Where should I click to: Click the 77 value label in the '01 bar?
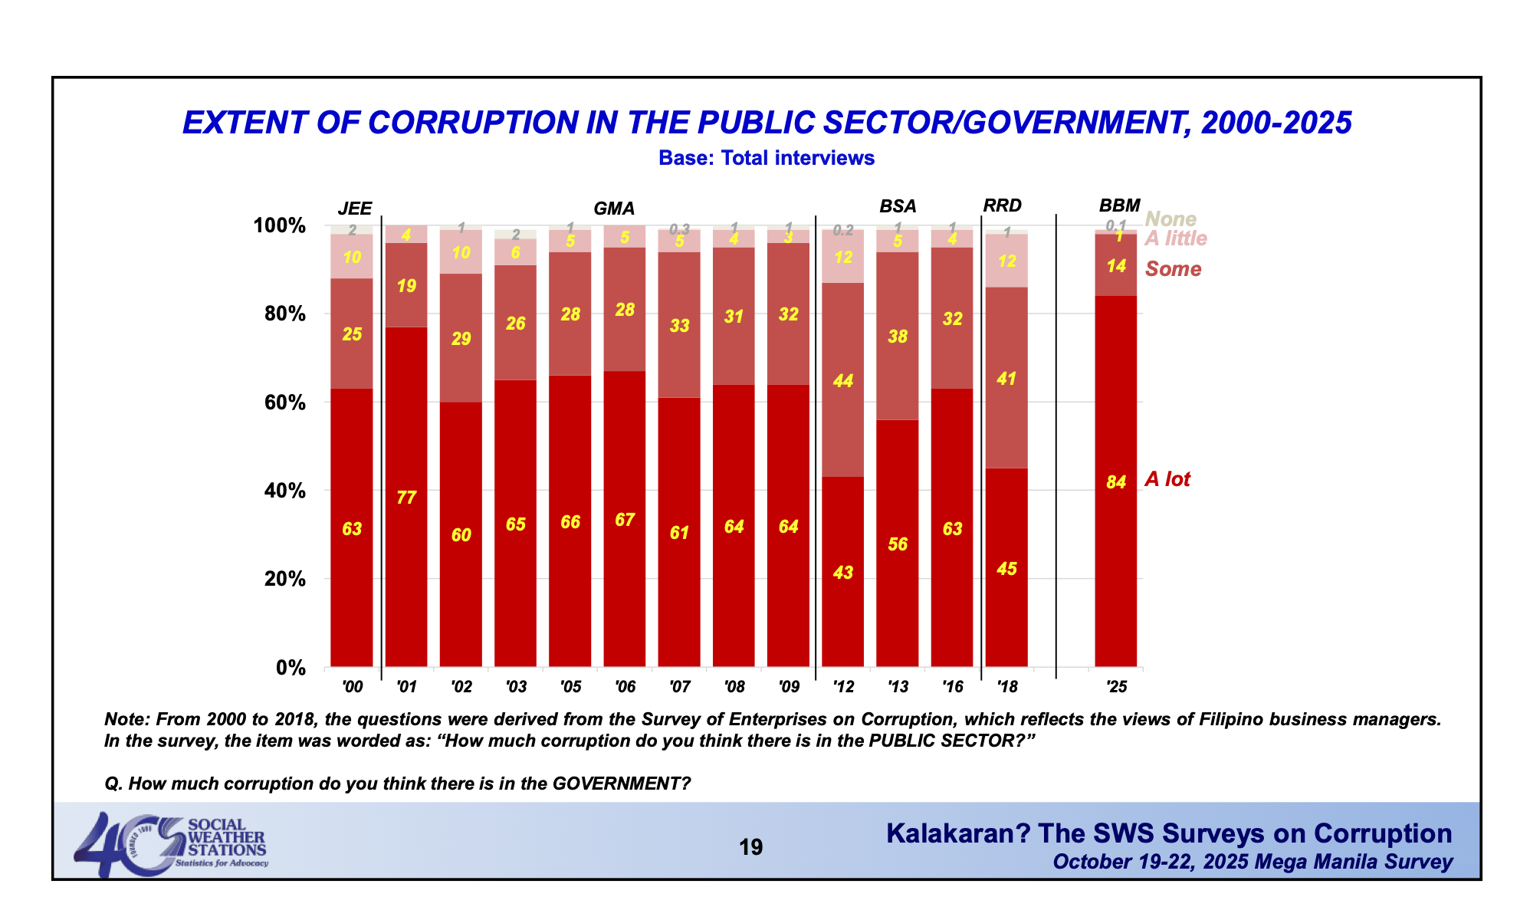pos(406,498)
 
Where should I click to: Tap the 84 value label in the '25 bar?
pos(1116,482)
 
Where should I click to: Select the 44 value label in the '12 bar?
pos(843,381)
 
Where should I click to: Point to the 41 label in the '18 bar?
pos(1006,379)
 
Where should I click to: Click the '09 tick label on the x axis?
pos(789,687)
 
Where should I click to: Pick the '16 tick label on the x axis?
pos(952,687)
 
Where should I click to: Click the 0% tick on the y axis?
pos(291,668)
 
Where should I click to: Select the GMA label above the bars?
pos(614,209)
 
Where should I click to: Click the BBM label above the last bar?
pos(1119,205)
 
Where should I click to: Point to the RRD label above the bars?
pos(1002,205)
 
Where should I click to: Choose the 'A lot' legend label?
pos(1167,480)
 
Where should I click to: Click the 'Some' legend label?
pos(1173,269)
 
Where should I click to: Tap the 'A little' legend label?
pos(1176,238)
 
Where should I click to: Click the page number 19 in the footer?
pos(750,847)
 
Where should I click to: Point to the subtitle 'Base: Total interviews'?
pos(766,158)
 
